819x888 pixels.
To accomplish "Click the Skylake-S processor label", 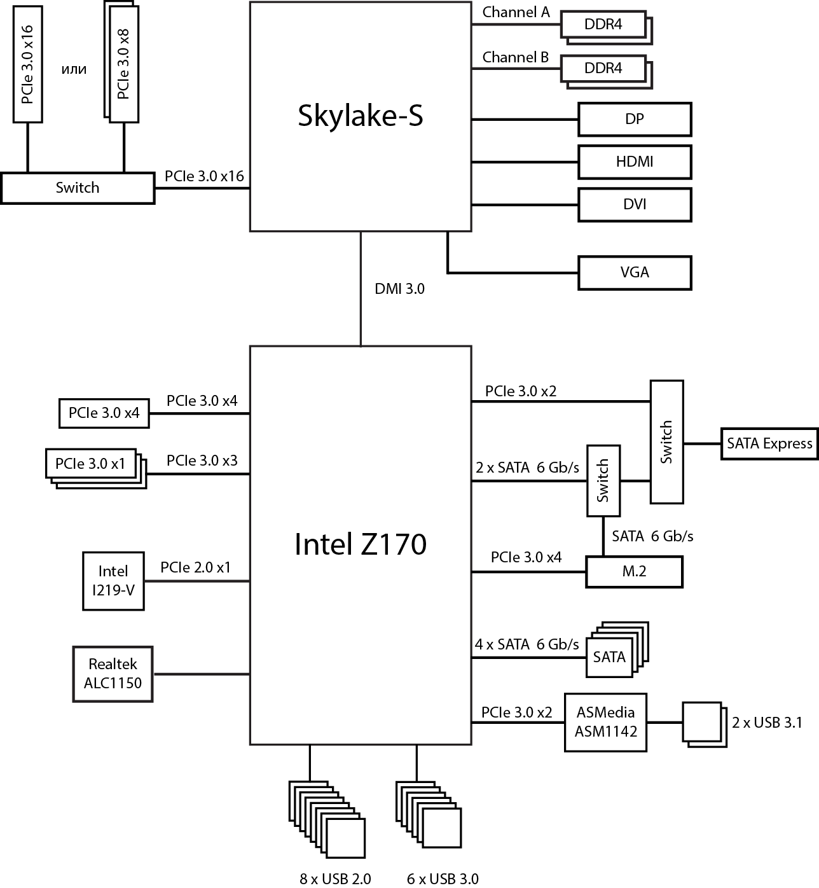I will [x=360, y=116].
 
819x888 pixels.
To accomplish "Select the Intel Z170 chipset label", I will [x=360, y=545].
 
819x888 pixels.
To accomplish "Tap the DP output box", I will [x=634, y=119].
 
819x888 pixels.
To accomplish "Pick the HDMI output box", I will [x=634, y=162].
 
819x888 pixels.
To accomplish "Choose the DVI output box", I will [x=634, y=204].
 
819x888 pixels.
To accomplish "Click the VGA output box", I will [x=634, y=272].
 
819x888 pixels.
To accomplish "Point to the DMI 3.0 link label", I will [x=399, y=289].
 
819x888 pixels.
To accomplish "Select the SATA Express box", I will [x=769, y=443].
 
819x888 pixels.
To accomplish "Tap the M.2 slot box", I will [x=633, y=571].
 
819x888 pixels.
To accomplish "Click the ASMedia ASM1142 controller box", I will [x=605, y=722].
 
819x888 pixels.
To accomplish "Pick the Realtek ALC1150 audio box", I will [x=113, y=674].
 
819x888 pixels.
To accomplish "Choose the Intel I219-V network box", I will [x=113, y=581].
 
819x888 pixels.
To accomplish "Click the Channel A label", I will [x=516, y=12].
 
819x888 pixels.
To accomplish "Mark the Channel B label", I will [x=515, y=57].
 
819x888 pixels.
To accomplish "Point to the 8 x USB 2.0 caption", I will [x=335, y=879].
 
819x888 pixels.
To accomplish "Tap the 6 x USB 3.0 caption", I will [x=443, y=879].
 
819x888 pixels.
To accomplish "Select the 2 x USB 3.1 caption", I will [x=767, y=723].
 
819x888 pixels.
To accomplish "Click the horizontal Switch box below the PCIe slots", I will [x=78, y=188].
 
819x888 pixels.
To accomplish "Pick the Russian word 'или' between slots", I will [x=74, y=69].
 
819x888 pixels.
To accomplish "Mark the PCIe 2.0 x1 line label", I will [x=195, y=567].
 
